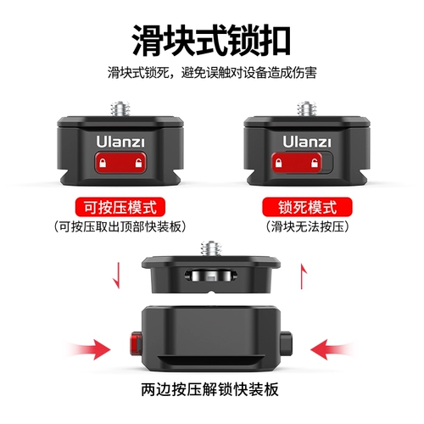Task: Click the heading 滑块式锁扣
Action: (211, 39)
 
